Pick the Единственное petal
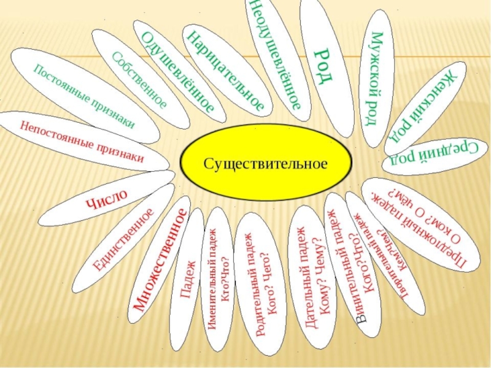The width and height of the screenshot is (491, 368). click(123, 239)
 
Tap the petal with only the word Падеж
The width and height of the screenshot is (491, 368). click(188, 280)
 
